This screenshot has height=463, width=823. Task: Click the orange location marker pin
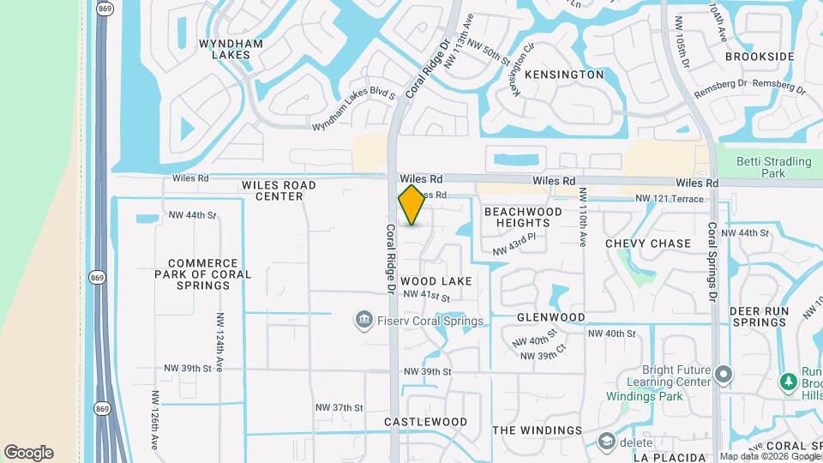[x=412, y=205]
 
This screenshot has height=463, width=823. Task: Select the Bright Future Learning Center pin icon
[x=724, y=375]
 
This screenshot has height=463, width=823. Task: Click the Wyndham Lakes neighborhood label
[x=225, y=49]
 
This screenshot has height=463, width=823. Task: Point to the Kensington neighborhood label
[x=564, y=75]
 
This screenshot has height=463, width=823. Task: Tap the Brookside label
[x=760, y=57]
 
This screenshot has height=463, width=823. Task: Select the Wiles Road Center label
[x=279, y=190]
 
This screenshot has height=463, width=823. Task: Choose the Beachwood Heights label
[x=523, y=217]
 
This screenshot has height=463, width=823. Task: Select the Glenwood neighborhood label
[x=550, y=317]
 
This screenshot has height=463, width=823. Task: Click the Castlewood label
[x=425, y=422]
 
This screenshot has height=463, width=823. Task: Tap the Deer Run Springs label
[x=758, y=316]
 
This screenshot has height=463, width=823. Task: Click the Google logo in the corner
[x=29, y=453]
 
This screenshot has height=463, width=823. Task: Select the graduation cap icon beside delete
[x=608, y=441]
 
